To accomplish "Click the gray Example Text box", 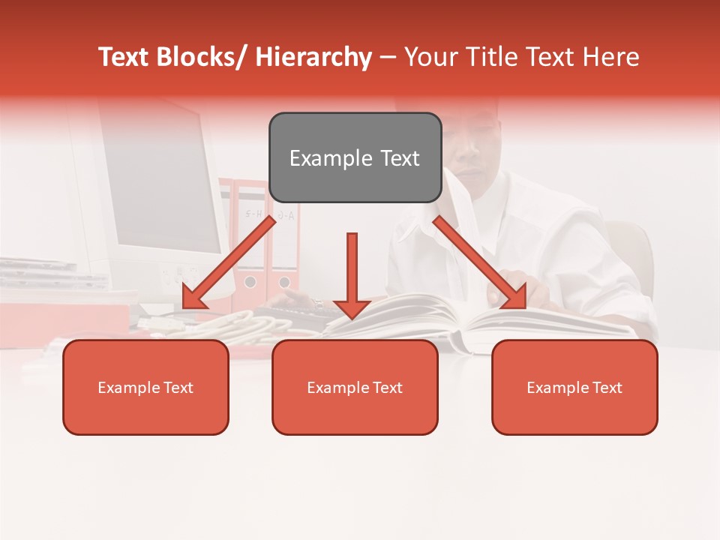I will [355, 157].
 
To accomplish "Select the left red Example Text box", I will [145, 387].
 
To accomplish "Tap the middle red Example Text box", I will [355, 387].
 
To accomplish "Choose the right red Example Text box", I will [574, 387].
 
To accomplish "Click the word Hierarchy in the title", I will [313, 57].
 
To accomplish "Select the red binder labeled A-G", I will [285, 240].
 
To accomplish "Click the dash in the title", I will [388, 57].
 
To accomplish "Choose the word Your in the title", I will [429, 57].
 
